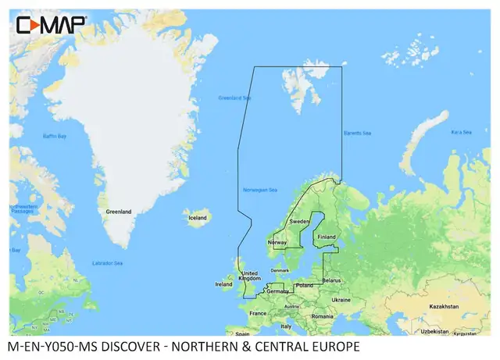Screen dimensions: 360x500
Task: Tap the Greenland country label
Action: (x=120, y=211)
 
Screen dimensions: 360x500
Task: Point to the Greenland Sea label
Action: (x=235, y=98)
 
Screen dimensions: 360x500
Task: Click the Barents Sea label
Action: (x=356, y=134)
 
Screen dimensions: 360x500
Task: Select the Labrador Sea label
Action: (x=108, y=262)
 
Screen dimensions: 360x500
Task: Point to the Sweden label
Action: (x=300, y=222)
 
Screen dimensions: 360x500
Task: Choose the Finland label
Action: (x=327, y=237)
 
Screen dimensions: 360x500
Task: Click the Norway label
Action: (x=278, y=243)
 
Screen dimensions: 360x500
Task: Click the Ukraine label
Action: (x=341, y=299)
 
